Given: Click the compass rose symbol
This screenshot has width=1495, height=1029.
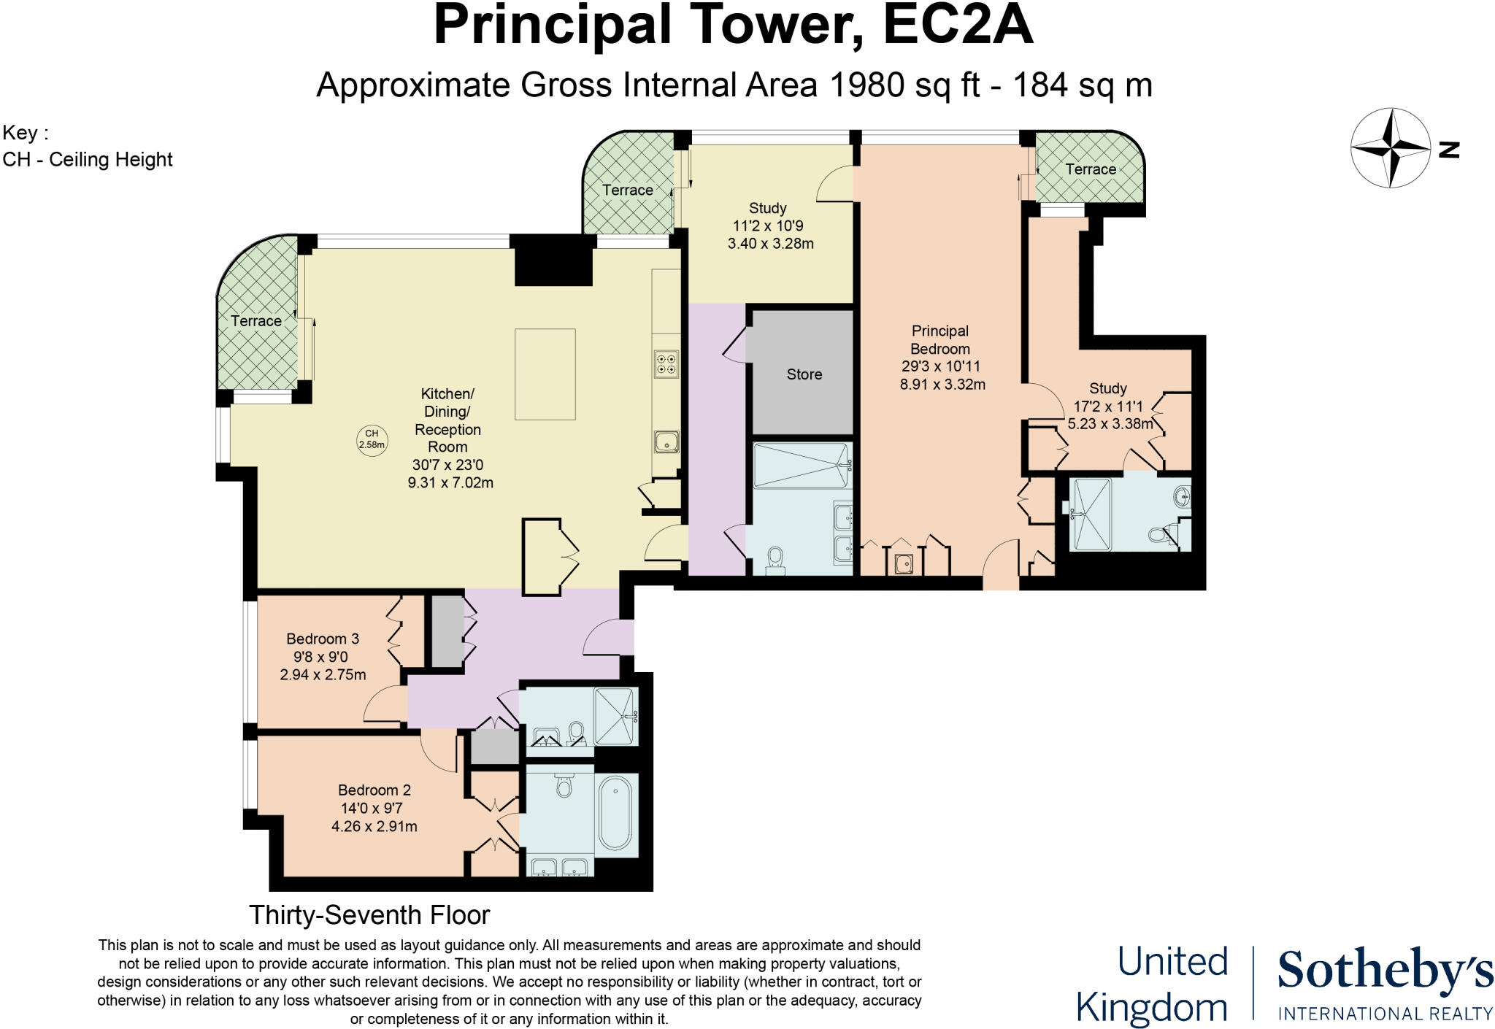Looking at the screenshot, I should coord(1391,148).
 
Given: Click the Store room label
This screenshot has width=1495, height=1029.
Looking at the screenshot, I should coord(804,374).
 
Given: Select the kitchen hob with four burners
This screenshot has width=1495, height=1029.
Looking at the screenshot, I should coord(666,363).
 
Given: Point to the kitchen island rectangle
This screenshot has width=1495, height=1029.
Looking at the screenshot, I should coord(545,374).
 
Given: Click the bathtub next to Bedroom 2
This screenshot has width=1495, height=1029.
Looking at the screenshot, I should coord(616,814).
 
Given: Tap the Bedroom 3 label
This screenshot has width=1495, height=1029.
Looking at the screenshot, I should coord(323,639).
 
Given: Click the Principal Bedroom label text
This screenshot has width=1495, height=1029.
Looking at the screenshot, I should coord(940,339).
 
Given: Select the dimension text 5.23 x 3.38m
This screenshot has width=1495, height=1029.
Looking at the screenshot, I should coord(1110,423).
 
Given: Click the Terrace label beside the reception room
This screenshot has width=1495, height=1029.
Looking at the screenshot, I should coord(256,320).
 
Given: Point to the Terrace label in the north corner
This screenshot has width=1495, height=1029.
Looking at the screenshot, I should coord(1090,169).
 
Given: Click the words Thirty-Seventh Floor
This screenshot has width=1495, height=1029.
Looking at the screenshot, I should coord(369,914).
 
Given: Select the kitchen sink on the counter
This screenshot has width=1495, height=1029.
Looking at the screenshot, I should coord(666,442).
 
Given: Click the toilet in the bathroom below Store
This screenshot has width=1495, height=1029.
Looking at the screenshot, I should coord(775,560).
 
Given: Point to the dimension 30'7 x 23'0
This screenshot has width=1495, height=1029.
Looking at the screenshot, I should coord(447,465).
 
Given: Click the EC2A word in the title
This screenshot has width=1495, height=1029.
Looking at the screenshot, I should coord(958,26).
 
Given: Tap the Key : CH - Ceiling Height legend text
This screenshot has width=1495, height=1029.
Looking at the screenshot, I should coord(88,147).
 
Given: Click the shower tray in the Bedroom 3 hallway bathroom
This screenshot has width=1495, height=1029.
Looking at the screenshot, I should coord(615,716).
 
